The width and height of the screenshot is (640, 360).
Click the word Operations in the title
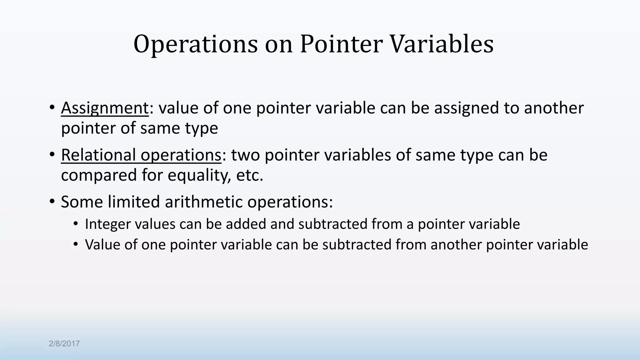(196, 44)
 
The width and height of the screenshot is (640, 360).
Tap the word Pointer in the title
(341, 44)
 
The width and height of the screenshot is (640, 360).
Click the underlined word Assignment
(105, 108)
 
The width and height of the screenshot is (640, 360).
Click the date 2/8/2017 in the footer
(64, 344)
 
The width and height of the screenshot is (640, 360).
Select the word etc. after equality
(250, 176)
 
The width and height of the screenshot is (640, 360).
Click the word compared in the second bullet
(99, 176)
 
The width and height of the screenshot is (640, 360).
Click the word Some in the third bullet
(82, 202)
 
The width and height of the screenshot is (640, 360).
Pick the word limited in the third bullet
(134, 202)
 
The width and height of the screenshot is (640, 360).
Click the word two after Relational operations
(245, 155)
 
